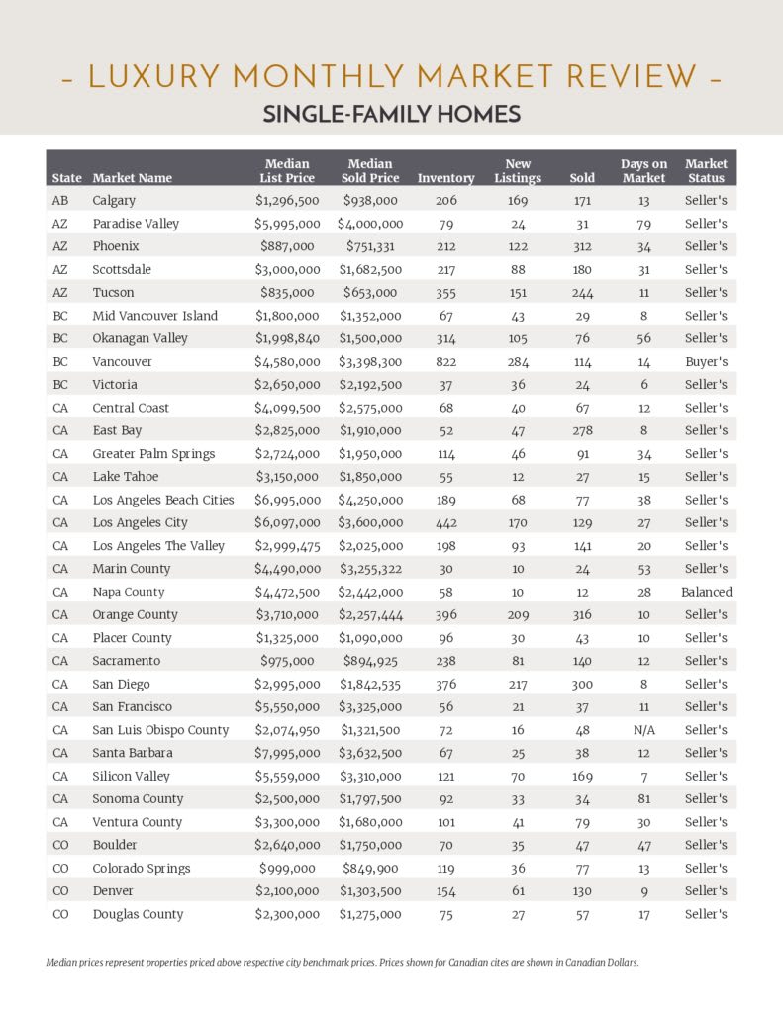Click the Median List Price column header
click(287, 170)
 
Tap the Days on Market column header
click(643, 170)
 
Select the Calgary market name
click(114, 201)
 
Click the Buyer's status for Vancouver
click(706, 362)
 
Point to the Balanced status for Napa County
click(706, 593)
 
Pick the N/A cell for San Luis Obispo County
click(643, 730)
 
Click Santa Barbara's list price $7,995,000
click(287, 754)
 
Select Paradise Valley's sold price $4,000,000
click(371, 224)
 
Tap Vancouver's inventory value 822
click(446, 362)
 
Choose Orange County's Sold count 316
click(582, 615)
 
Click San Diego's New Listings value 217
click(518, 685)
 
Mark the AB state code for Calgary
click(60, 201)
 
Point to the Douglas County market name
click(138, 915)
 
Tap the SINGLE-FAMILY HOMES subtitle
click(391, 115)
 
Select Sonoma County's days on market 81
click(643, 799)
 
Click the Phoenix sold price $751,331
click(371, 246)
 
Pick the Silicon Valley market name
click(131, 777)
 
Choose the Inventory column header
click(446, 178)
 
